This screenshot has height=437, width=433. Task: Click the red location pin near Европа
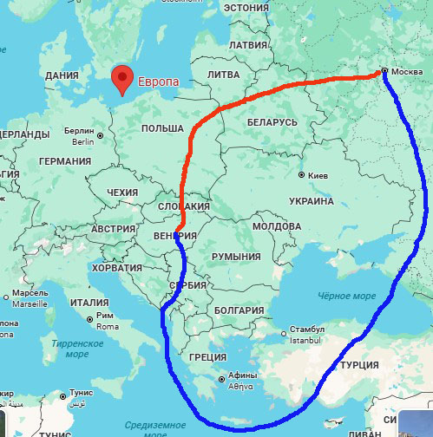tap(123, 78)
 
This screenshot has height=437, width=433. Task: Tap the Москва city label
tap(409, 71)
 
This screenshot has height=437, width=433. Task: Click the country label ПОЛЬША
tap(161, 128)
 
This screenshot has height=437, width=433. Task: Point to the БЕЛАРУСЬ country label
tap(272, 122)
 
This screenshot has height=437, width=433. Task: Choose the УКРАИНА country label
tap(310, 201)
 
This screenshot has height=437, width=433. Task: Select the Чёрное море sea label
tap(347, 297)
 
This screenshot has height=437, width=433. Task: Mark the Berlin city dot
tap(101, 135)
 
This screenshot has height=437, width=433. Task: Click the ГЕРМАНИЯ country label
tap(65, 161)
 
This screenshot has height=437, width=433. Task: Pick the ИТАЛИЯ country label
tap(89, 303)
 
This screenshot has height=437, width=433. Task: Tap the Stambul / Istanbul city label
tap(307, 334)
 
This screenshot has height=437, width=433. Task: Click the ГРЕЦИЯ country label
tap(207, 356)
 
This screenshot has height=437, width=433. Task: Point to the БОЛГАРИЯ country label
tap(239, 310)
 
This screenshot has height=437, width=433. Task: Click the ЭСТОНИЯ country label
tap(246, 8)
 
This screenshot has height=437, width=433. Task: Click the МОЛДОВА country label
tap(276, 226)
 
